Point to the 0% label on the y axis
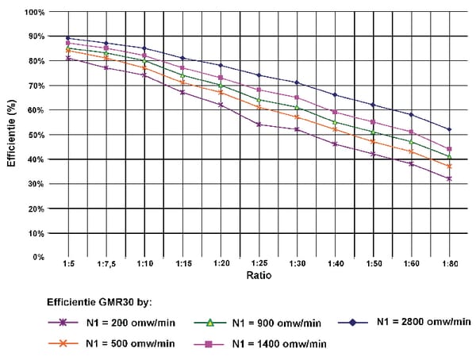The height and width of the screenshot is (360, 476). coord(39,258)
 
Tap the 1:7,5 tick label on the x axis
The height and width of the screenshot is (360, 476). coord(106,264)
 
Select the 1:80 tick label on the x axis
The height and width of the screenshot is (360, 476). coord(449,263)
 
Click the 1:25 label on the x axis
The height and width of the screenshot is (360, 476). coord(259,263)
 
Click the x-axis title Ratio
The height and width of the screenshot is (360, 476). coord(259,275)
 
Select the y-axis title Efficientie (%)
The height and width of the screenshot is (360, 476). coord(12,133)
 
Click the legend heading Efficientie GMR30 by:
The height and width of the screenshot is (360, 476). coord(99,302)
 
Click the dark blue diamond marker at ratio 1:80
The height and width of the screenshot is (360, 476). coord(449,129)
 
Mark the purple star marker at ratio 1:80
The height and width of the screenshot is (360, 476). coord(449,178)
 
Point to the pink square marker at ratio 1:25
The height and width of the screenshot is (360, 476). coord(259,90)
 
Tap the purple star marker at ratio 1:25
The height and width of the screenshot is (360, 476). coord(259,124)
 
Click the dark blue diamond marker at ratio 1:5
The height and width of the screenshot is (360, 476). coord(68,38)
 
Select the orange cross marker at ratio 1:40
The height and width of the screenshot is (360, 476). coord(335,129)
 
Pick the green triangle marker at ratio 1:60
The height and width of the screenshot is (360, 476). coord(411,142)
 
